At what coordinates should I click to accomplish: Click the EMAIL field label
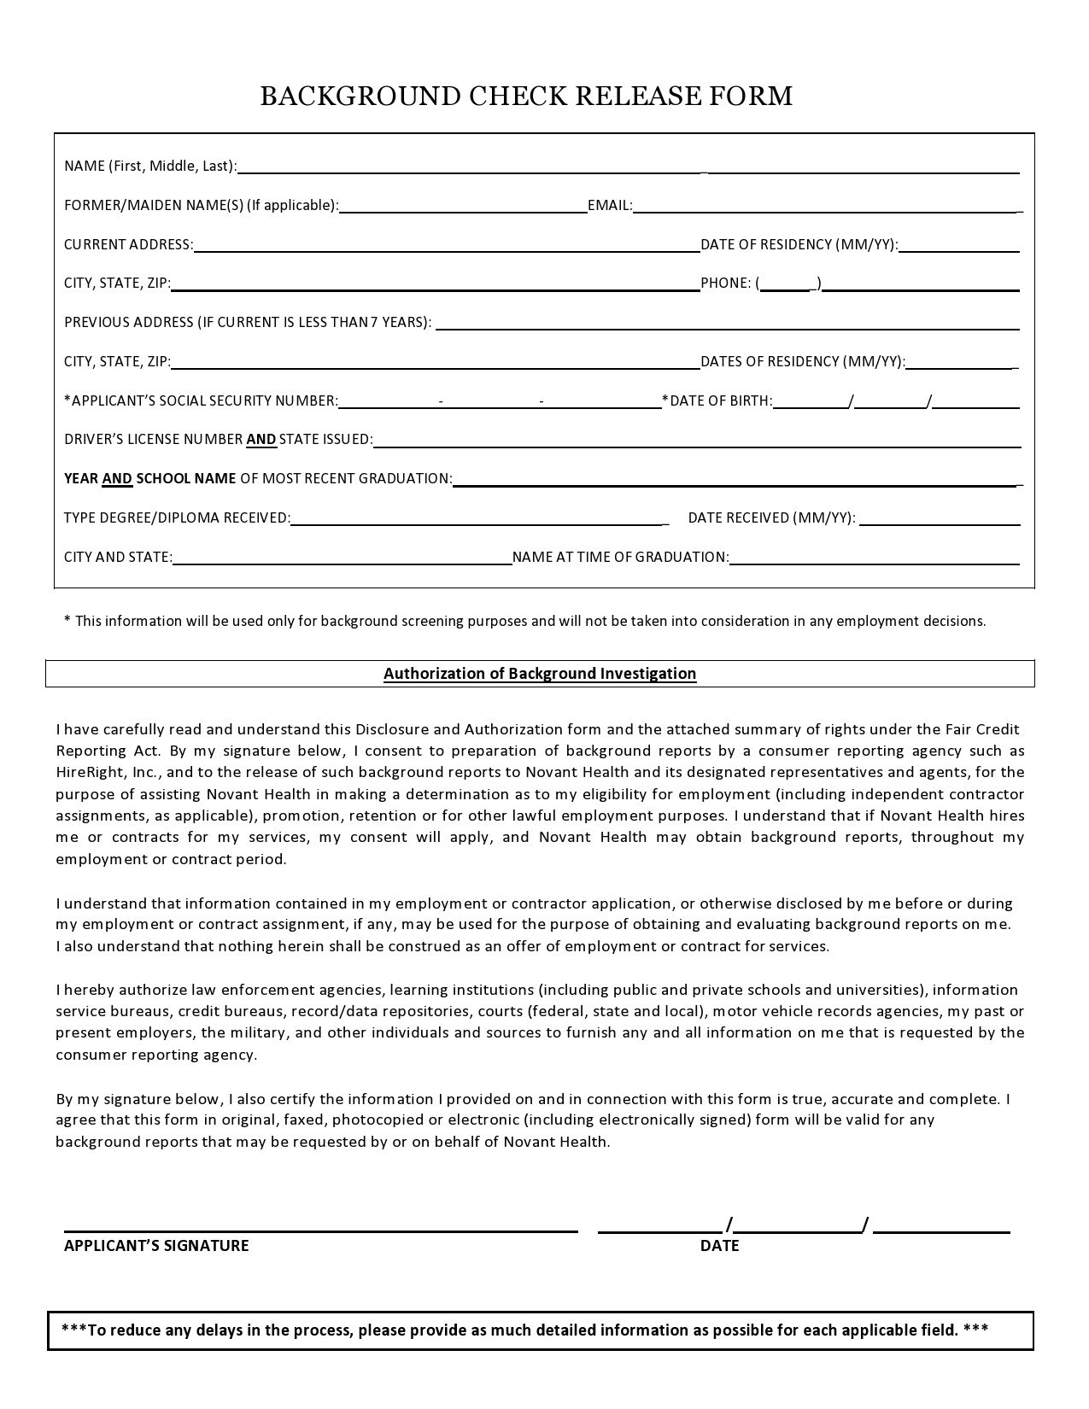click(609, 206)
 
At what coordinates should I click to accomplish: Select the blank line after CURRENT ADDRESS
click(446, 246)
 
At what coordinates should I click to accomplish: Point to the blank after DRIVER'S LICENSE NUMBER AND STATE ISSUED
click(696, 441)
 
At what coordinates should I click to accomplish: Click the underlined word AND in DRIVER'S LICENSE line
click(261, 440)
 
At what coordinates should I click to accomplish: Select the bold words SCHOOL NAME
click(186, 479)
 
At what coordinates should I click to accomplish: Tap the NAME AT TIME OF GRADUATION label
click(620, 558)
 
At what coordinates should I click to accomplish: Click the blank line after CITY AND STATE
click(342, 558)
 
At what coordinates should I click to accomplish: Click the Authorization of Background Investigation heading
click(540, 674)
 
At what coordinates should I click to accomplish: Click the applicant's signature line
click(320, 1226)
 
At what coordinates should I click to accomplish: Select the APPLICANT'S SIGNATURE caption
click(156, 1246)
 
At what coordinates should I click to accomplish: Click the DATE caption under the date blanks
click(719, 1246)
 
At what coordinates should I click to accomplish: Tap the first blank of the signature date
click(660, 1227)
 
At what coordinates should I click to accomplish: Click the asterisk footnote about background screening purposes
click(524, 622)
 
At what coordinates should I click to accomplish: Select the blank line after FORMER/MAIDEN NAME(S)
click(463, 207)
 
